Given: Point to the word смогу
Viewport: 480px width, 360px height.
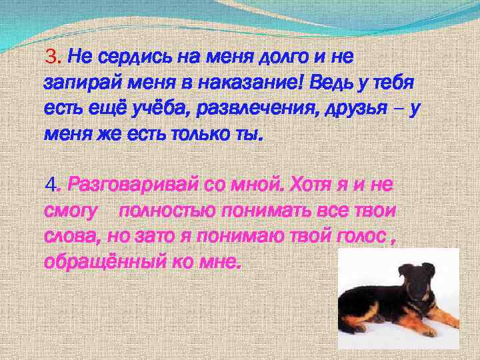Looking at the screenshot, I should pyautogui.click(x=70, y=212).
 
